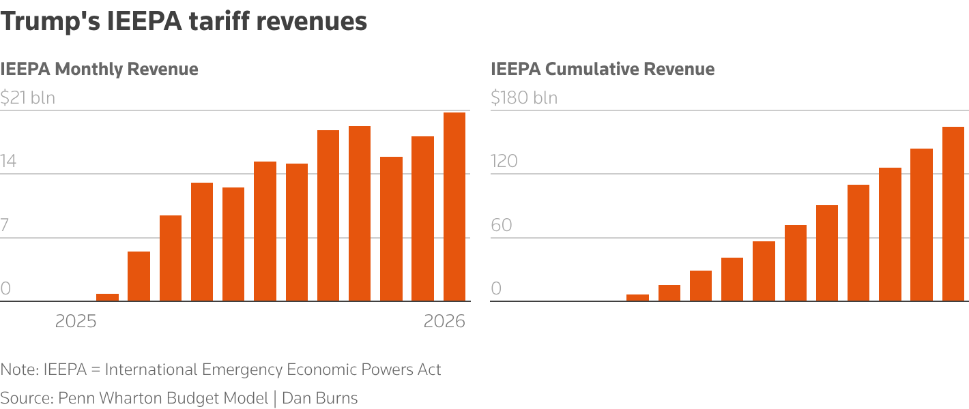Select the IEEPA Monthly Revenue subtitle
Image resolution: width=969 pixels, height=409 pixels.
tap(99, 69)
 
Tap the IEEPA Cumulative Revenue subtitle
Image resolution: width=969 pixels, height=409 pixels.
tap(603, 69)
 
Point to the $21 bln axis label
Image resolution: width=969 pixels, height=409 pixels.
tap(28, 97)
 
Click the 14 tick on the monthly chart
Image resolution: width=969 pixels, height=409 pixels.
tap(9, 162)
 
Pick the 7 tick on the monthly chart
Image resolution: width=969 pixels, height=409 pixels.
tap(5, 225)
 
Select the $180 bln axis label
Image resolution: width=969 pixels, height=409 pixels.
tap(524, 97)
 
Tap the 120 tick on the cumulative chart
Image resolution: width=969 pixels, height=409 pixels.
tap(504, 162)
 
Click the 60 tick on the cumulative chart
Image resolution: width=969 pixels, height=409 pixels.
tap(502, 225)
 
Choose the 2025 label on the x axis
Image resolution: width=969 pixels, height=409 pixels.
tap(76, 321)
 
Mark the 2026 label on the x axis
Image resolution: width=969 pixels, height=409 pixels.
tap(444, 321)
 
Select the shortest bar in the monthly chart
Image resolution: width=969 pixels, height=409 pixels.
tap(107, 297)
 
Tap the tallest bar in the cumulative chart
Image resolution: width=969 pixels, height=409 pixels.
tap(953, 213)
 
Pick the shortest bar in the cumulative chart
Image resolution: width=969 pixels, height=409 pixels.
tap(637, 297)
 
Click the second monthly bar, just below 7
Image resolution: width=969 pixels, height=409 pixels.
tap(139, 276)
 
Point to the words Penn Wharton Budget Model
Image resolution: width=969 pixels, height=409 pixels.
tap(163, 398)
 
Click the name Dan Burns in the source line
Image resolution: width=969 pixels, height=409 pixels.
tap(320, 398)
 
